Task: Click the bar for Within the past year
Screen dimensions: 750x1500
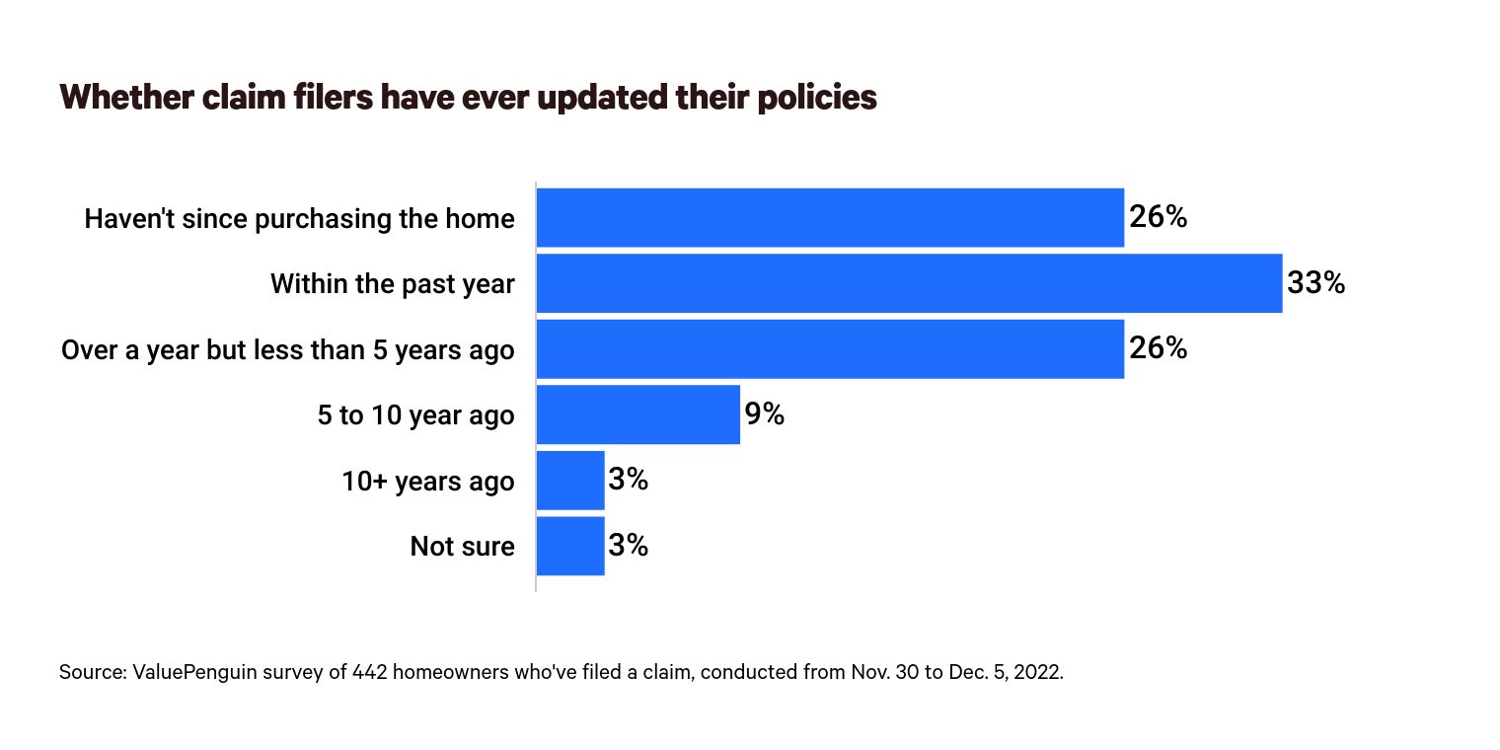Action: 909,284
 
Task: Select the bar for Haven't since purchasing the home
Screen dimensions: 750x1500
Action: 830,218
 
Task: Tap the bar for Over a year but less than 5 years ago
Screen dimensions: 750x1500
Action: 830,349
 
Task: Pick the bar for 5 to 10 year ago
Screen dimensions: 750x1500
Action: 637,414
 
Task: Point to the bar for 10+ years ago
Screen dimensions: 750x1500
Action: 570,481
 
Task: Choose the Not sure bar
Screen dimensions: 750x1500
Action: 570,546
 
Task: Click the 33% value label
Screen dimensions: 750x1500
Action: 1315,284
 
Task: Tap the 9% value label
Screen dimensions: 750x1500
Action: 764,414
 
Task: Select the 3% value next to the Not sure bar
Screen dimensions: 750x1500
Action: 628,546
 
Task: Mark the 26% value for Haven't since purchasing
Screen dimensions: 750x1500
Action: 1158,218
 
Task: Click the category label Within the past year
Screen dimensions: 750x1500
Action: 392,284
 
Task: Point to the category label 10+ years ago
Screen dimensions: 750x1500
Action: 427,481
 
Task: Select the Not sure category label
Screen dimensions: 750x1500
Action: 462,546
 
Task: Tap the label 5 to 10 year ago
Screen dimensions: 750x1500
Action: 415,415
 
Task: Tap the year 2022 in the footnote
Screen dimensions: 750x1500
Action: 1040,673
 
